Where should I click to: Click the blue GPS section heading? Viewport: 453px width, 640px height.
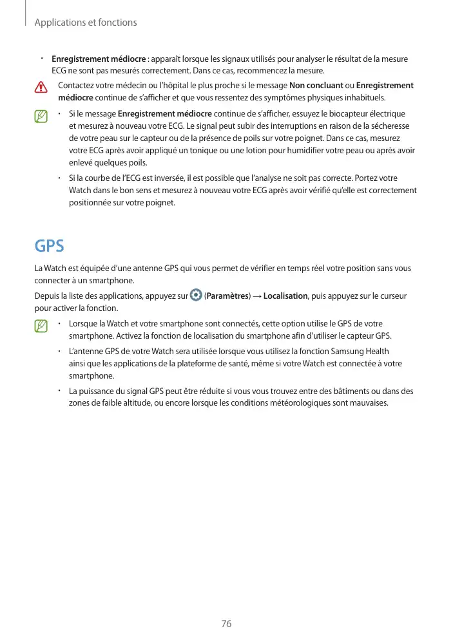pyautogui.click(x=49, y=247)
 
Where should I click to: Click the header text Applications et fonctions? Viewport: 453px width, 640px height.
pyautogui.click(x=86, y=23)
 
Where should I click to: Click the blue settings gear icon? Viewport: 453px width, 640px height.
pyautogui.click(x=196, y=296)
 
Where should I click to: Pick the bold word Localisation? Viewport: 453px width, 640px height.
pyautogui.click(x=285, y=296)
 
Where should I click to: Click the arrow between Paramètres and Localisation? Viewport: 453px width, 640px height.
pyautogui.click(x=256, y=296)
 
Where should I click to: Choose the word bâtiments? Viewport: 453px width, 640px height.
pyautogui.click(x=347, y=391)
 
